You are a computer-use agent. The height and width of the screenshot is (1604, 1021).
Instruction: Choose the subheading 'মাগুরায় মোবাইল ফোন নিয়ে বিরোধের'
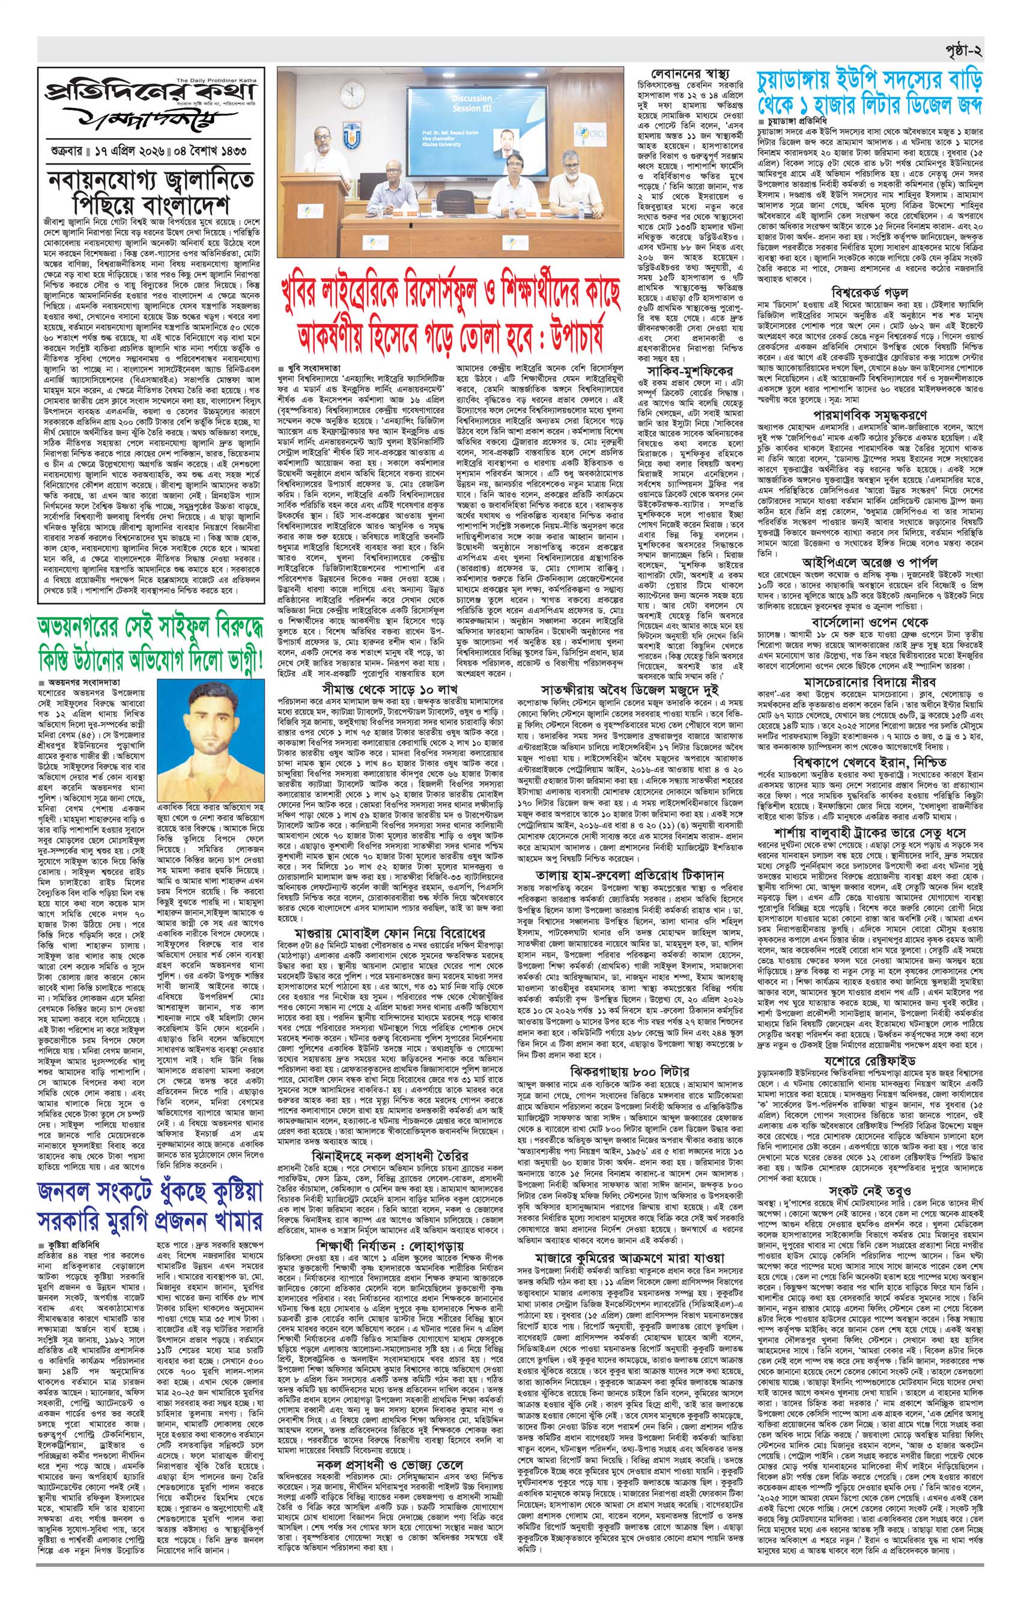tap(392, 931)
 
